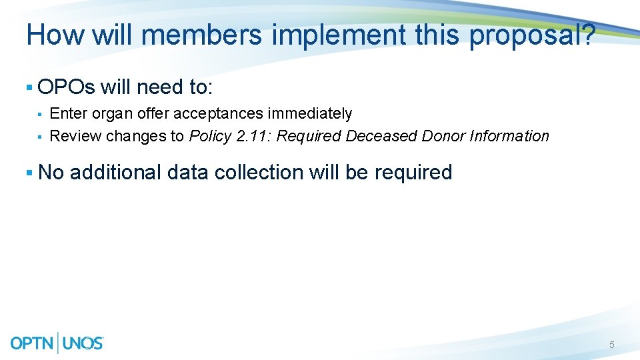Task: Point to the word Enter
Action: [69, 114]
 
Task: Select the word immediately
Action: [310, 114]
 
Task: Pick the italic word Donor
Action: [443, 137]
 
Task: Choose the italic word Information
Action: [509, 137]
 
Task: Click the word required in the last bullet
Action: [413, 173]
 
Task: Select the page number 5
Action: [611, 345]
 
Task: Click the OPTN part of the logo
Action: [33, 343]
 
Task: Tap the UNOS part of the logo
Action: [83, 343]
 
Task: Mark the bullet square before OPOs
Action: [29, 87]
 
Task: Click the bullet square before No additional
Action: [29, 173]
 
